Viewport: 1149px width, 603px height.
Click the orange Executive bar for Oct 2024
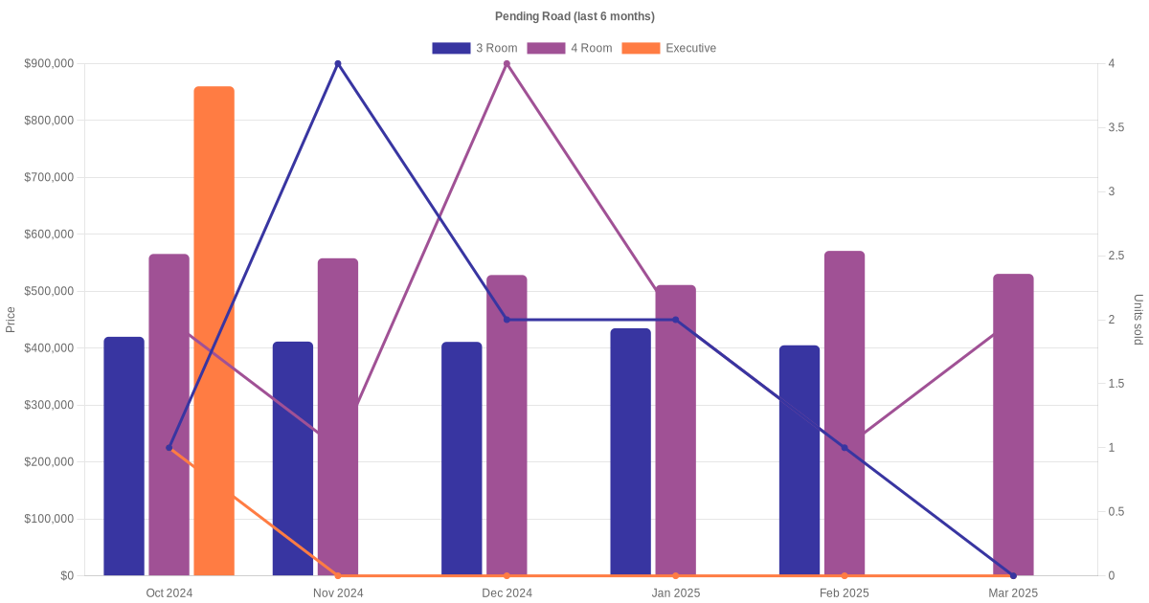(214, 330)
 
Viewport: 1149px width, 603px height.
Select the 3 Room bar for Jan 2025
(630, 452)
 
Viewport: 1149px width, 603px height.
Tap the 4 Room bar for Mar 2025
(1013, 425)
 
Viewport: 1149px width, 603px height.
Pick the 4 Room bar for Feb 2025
(845, 413)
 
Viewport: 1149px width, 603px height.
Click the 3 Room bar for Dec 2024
(462, 458)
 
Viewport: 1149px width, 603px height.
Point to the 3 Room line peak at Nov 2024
(338, 64)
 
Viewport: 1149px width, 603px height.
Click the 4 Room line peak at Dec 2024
(507, 64)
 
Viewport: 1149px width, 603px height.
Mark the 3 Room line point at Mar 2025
(1013, 575)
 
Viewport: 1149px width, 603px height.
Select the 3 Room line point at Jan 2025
(675, 320)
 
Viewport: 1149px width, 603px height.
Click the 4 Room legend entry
(570, 48)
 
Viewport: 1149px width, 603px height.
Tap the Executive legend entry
(669, 48)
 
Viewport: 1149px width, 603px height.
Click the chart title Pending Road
(574, 16)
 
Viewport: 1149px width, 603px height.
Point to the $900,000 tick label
(49, 64)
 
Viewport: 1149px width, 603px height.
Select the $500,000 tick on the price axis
(49, 291)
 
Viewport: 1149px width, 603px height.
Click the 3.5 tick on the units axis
(1115, 127)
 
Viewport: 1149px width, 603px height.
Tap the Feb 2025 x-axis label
(845, 593)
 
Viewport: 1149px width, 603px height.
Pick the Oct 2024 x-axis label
(169, 593)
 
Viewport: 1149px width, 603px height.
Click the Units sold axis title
(1138, 320)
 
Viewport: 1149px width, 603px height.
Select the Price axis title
(11, 320)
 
